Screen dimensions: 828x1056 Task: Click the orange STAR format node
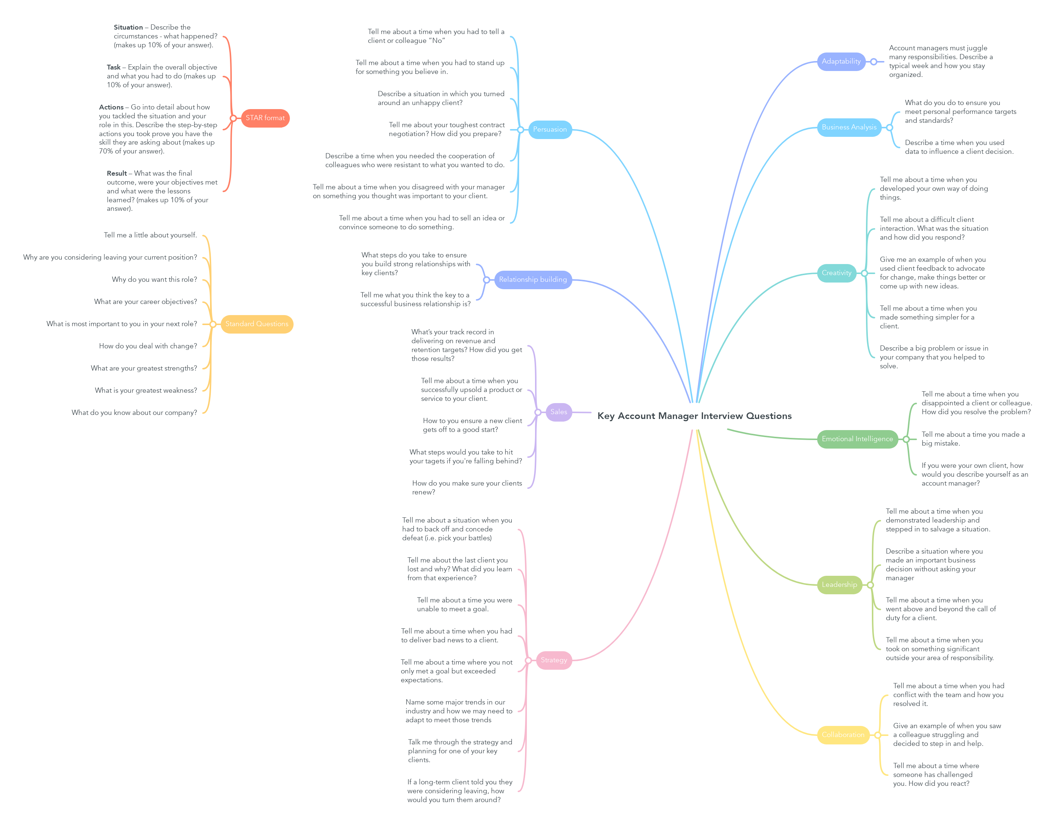click(265, 118)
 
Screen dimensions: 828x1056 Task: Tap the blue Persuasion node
click(549, 129)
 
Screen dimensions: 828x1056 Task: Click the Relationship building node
click(532, 280)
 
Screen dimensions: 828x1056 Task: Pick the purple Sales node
click(558, 412)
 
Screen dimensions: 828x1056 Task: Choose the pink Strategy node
click(554, 660)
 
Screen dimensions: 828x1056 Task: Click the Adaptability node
click(841, 61)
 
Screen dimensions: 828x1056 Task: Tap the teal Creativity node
click(836, 273)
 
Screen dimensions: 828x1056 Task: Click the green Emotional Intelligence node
click(857, 439)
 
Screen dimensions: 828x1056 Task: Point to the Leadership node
click(839, 585)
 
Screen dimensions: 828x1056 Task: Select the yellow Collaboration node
click(843, 735)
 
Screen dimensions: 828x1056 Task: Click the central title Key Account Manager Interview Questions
click(694, 416)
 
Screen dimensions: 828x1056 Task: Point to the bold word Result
click(117, 173)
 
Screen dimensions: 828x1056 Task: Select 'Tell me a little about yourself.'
click(150, 235)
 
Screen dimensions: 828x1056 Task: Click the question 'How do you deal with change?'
click(148, 346)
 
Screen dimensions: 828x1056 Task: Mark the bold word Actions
click(111, 107)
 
